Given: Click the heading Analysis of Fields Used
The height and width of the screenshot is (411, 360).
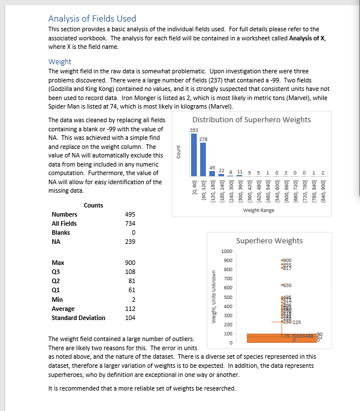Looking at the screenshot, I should click(x=92, y=19).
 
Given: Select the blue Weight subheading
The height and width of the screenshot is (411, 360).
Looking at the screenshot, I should click(x=60, y=61).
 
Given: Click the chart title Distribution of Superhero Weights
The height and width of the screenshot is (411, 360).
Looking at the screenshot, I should click(x=251, y=119).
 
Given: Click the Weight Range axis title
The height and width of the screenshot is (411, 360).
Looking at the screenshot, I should click(x=258, y=210).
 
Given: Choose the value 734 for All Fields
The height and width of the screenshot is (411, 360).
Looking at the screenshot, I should click(x=130, y=223).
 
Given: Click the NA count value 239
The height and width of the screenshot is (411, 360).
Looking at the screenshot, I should click(x=130, y=242).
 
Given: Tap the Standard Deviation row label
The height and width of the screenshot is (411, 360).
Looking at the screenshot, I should click(x=78, y=318).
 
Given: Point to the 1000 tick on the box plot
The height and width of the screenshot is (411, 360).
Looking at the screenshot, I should click(x=226, y=251).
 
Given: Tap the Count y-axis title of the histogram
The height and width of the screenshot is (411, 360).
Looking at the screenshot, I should click(x=179, y=153).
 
